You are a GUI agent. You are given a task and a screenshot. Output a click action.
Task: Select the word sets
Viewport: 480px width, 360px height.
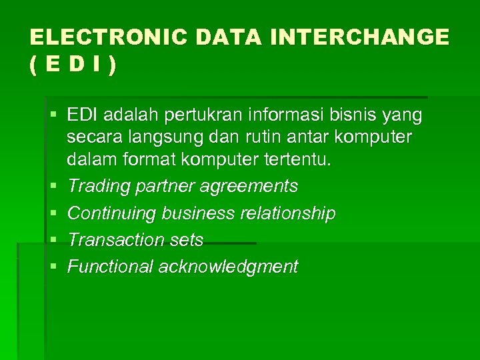pyautogui.click(x=189, y=240)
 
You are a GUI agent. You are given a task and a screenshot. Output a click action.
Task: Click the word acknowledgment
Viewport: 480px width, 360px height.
pyautogui.click(x=228, y=267)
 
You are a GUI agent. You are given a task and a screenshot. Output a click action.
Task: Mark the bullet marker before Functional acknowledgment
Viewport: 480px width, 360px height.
pyautogui.click(x=53, y=267)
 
